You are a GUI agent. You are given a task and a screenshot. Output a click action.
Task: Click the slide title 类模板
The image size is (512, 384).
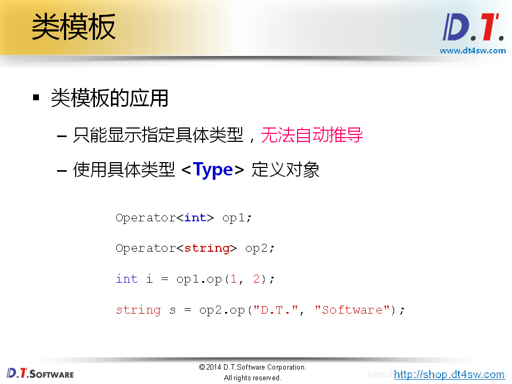coord(74,27)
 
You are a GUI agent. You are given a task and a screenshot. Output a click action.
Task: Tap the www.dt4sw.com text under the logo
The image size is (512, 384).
coord(473,51)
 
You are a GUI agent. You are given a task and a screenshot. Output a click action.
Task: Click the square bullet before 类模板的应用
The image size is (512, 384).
coord(36,98)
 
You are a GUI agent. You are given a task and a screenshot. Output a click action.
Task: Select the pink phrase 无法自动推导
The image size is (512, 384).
coord(312,135)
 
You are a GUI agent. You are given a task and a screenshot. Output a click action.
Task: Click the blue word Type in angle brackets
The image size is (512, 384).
coord(213,170)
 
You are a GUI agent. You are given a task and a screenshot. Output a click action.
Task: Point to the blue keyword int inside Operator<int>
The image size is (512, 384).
coord(195,218)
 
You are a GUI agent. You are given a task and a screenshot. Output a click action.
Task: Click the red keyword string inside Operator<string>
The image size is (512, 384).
coord(207,248)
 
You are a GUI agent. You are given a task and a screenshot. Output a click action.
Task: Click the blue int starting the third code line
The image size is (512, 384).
coord(126,279)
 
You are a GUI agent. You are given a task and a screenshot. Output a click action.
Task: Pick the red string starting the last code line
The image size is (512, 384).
coord(138,310)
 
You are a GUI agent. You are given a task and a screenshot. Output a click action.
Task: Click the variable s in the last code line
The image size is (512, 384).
coord(172,310)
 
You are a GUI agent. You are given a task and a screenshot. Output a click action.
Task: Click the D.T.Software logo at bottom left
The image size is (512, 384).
coord(40,373)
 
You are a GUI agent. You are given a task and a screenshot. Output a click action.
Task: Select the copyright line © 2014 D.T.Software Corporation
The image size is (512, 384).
coord(252,367)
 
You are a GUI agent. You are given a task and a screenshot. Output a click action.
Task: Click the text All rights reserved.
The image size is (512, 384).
coord(252,378)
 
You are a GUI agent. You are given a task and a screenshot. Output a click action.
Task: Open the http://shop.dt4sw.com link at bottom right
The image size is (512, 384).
coord(449,374)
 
